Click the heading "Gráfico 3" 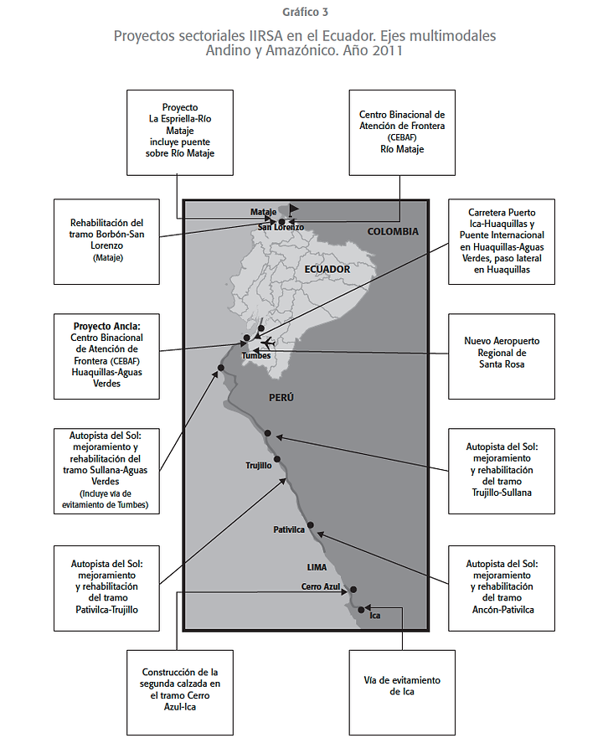coord(305,11)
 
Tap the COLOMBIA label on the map coord(392,231)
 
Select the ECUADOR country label coord(327,269)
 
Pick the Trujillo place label coord(259,466)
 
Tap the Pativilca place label coord(289,529)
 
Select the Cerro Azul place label coord(322,586)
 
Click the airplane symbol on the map coord(268,343)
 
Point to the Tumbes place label coord(255,354)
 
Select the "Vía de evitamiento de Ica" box coord(402,685)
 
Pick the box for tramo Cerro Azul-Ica coord(180,689)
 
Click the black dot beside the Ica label coord(361,610)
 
